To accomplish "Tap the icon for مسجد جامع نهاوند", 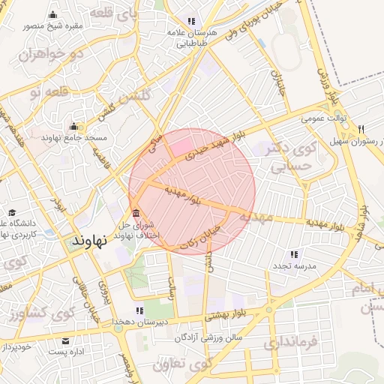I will (x=73, y=127).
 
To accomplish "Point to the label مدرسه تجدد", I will (x=294, y=266).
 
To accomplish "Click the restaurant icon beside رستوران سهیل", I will (x=361, y=128).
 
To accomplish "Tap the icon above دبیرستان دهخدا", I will (x=139, y=310).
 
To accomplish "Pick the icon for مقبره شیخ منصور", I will (x=52, y=15).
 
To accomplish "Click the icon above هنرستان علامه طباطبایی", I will (x=191, y=21).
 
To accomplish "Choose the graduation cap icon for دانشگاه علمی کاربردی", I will (x=12, y=213).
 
